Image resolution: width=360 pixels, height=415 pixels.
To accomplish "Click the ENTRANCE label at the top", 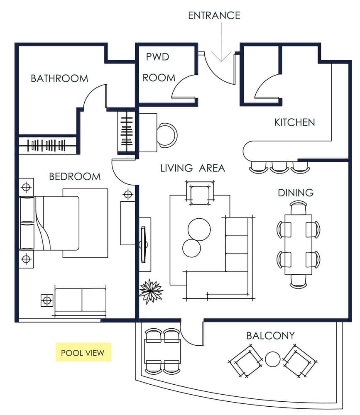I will coord(214,15).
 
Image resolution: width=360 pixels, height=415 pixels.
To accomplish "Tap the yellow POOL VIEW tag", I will coord(83,353).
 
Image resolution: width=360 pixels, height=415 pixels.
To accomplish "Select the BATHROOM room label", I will coord(59,78).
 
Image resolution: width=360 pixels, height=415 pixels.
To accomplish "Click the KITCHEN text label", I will coord(294,122).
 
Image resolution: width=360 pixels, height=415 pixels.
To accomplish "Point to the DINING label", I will coord(295,193).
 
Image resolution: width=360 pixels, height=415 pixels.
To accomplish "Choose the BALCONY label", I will coord(270,335).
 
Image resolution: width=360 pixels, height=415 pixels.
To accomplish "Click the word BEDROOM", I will coord(75,176).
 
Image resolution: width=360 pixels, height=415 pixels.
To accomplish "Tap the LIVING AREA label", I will coord(193,168).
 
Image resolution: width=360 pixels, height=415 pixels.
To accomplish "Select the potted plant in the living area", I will coord(150,290).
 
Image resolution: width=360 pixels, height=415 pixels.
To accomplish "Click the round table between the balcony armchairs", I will coord(273,359).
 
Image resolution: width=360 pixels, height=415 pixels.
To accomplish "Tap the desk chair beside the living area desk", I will coord(168,135).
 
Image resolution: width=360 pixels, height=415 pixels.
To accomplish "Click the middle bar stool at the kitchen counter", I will coord(279,166).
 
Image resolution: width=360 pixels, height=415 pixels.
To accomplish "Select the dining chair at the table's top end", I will coord(299,207).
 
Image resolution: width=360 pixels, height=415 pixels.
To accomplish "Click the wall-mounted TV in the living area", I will coord(143,244).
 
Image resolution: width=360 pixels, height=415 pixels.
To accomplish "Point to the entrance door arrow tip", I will coord(222,61).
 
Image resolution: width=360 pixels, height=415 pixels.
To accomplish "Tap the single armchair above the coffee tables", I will coord(199,193).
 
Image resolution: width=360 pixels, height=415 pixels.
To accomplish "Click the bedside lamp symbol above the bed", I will coord(27,187).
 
